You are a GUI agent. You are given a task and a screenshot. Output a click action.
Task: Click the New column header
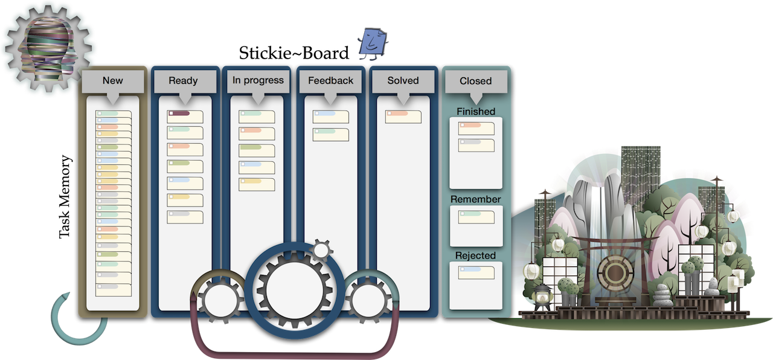pyautogui.click(x=112, y=81)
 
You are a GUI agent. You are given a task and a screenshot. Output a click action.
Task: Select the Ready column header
pyautogui.click(x=183, y=81)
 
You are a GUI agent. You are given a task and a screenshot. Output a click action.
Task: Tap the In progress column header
pyautogui.click(x=258, y=81)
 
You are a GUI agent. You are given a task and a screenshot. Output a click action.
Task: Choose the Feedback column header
pyautogui.click(x=330, y=81)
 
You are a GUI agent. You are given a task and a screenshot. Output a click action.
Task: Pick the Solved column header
pyautogui.click(x=403, y=81)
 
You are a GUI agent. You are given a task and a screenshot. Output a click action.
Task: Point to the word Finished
pyautogui.click(x=476, y=112)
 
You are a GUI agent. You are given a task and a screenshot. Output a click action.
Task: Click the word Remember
pyautogui.click(x=476, y=199)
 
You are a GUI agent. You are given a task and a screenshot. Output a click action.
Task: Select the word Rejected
pyautogui.click(x=476, y=256)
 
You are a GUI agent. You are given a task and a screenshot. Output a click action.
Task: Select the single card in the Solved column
pyautogui.click(x=403, y=117)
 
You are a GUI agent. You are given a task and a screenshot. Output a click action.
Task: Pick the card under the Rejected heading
pyautogui.click(x=476, y=272)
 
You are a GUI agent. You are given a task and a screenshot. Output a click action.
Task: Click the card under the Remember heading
pyautogui.click(x=476, y=217)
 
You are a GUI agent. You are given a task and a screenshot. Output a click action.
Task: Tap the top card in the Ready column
pyautogui.click(x=185, y=117)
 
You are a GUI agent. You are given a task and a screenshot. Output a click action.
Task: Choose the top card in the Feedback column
pyautogui.click(x=330, y=117)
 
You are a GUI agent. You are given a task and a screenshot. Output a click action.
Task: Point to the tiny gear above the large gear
pyautogui.click(x=321, y=249)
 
